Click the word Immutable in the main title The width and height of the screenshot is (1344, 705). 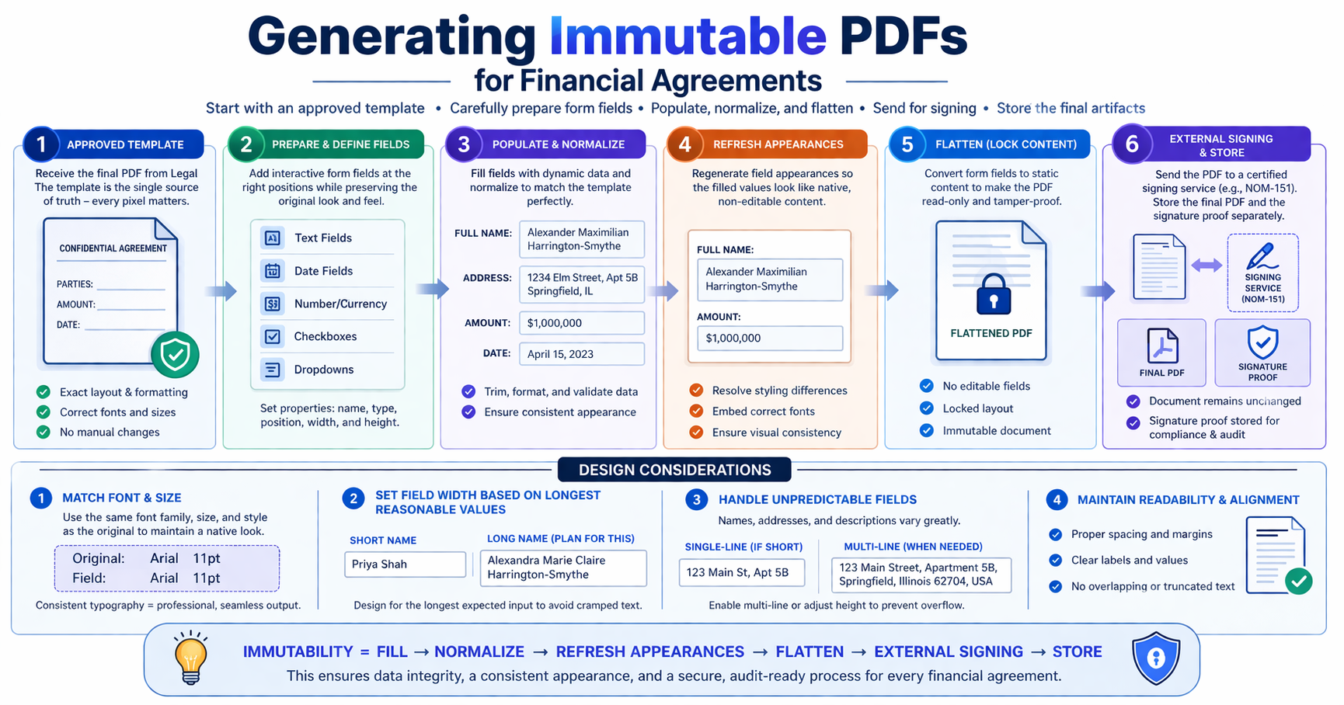[688, 36]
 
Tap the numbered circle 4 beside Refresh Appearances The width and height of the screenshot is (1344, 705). [684, 144]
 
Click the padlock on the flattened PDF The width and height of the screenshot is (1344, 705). [994, 293]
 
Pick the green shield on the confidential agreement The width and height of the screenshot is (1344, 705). [175, 354]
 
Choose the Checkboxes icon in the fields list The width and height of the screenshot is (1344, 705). [273, 337]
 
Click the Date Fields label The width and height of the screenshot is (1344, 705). [323, 271]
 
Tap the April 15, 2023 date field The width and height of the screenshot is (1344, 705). [582, 354]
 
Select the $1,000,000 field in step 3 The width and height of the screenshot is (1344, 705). [582, 323]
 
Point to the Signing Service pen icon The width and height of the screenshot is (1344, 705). [1262, 256]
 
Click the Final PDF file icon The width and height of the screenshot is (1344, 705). [1162, 346]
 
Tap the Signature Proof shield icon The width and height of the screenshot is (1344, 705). [1262, 342]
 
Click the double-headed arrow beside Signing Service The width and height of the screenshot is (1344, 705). [1206, 266]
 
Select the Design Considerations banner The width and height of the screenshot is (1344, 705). [674, 470]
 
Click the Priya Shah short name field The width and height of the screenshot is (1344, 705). [405, 564]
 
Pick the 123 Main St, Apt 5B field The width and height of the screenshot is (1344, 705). [742, 573]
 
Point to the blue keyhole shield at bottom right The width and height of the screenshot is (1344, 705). [1157, 658]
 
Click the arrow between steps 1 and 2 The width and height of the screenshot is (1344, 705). [221, 291]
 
